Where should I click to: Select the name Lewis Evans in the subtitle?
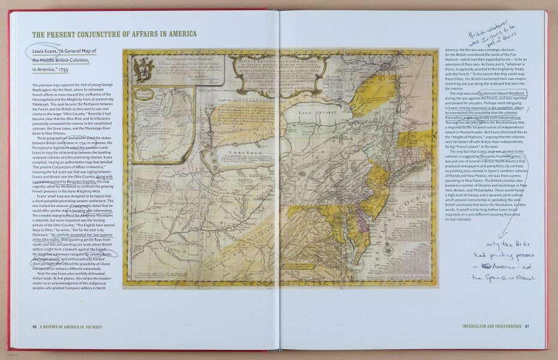point(45,52)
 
